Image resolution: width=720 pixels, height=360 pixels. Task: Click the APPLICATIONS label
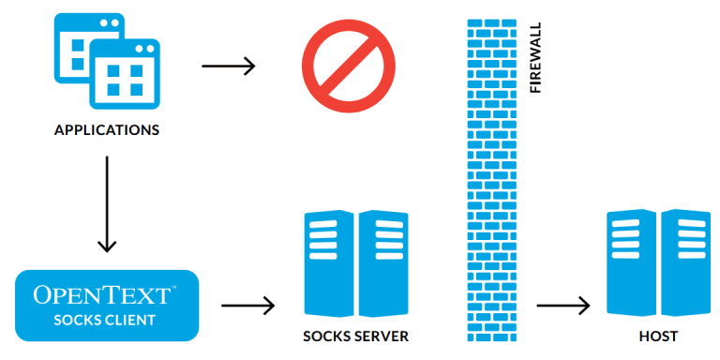pyautogui.click(x=106, y=130)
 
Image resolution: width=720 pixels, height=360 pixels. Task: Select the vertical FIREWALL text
pyautogui.click(x=535, y=57)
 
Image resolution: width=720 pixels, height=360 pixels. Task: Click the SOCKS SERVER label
pyautogui.click(x=355, y=336)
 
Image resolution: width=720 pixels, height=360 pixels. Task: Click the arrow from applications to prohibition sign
pyautogui.click(x=228, y=66)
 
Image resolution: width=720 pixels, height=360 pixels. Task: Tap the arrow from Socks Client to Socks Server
pyautogui.click(x=247, y=305)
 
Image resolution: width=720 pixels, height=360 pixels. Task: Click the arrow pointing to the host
pyautogui.click(x=562, y=305)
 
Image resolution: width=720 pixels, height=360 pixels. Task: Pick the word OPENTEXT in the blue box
pyautogui.click(x=101, y=295)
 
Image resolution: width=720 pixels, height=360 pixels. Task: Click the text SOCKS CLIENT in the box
pyautogui.click(x=105, y=320)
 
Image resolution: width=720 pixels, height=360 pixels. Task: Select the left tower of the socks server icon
pyautogui.click(x=328, y=265)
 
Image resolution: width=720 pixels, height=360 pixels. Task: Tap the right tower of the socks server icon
pyautogui.click(x=382, y=265)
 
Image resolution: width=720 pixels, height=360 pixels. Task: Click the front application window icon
pyautogui.click(x=125, y=75)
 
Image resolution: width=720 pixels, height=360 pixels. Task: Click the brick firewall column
pyautogui.click(x=490, y=178)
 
